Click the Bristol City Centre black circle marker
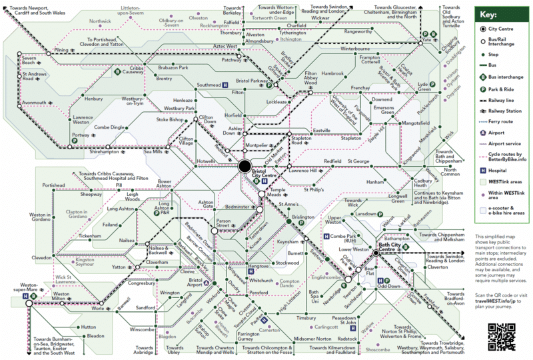[245, 167]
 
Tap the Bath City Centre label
[392, 249]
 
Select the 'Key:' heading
[490, 14]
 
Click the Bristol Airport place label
[196, 285]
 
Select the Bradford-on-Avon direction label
[450, 297]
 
